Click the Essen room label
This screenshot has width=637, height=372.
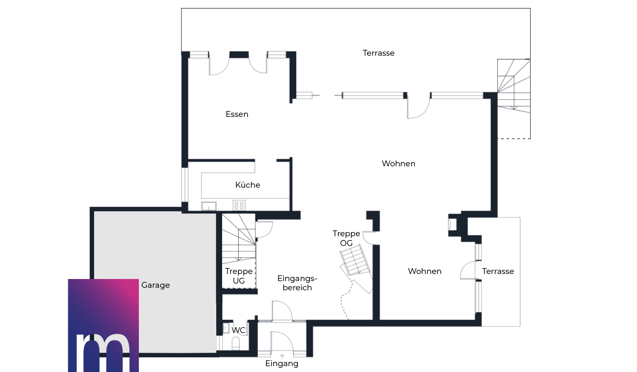pos(237,114)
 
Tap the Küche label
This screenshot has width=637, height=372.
pos(248,185)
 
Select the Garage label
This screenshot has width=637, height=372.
pos(156,285)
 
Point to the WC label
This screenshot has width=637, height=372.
pos(238,330)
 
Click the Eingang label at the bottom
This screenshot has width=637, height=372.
pos(281,364)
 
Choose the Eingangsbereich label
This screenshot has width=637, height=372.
pos(297,283)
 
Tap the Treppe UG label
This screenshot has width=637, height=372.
pos(238,276)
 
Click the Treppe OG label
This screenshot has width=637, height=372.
pos(346,238)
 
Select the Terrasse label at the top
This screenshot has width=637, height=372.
pos(379,53)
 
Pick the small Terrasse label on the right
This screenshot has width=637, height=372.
pos(498,271)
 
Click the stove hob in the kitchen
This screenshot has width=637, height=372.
pos(239,205)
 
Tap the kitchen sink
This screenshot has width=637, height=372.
pos(209,206)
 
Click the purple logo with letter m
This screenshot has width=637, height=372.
pos(103,325)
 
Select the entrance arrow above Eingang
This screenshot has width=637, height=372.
pos(282,356)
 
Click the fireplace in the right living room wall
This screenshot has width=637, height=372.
pos(452,224)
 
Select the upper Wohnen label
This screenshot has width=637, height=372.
pos(398,164)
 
